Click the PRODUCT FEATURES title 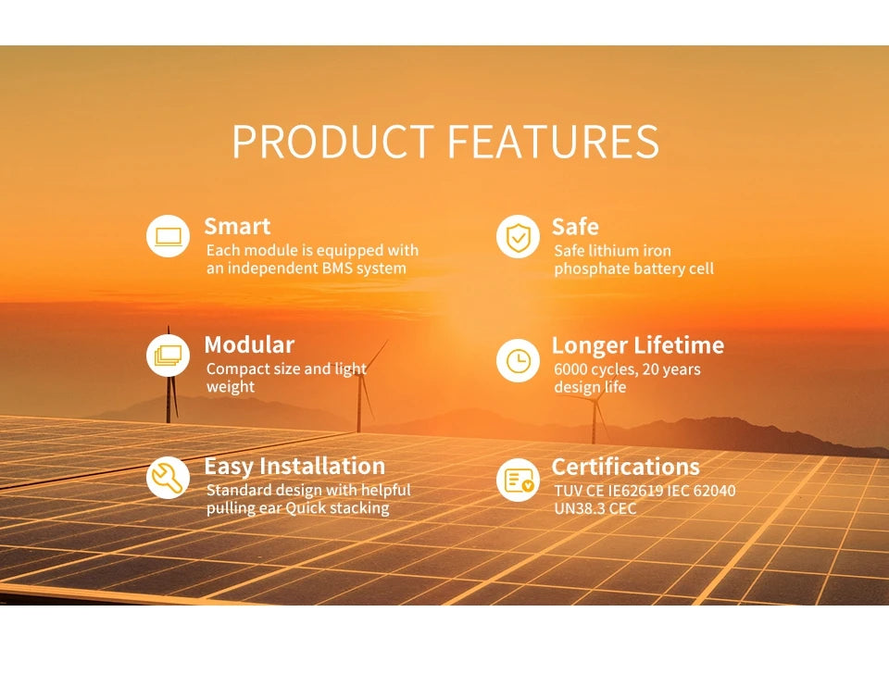[444, 142]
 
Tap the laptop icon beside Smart [168, 236]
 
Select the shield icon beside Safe [518, 236]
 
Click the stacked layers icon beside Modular [168, 356]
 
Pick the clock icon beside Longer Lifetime [518, 360]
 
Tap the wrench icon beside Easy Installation [168, 477]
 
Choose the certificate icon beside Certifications [518, 479]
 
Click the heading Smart [237, 227]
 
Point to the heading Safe [575, 227]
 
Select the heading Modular [249, 345]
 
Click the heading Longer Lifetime [638, 345]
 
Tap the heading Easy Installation [294, 466]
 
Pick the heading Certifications [626, 467]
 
